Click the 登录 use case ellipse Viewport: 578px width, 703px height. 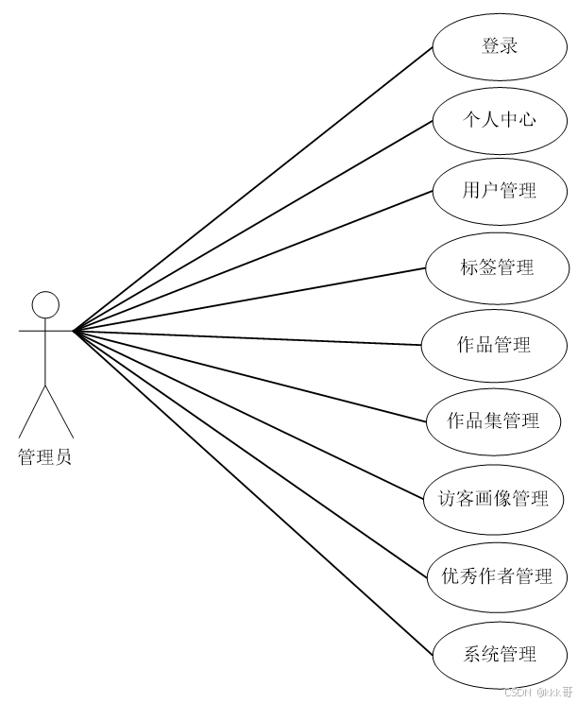(500, 45)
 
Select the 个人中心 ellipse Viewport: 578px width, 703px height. (500, 119)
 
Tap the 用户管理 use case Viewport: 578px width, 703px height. (500, 191)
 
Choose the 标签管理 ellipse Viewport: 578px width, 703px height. (497, 267)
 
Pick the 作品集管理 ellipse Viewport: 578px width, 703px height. (493, 420)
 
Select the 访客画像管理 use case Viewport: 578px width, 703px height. (494, 497)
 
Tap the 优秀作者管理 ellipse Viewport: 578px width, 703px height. (497, 575)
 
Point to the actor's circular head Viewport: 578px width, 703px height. (45, 304)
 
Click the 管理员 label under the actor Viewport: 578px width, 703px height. (44, 457)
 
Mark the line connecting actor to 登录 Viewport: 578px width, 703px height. (253, 188)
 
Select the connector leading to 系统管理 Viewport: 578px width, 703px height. (253, 492)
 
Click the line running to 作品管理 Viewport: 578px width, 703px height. (247, 337)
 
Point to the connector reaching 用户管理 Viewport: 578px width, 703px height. (253, 260)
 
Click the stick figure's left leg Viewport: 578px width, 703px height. (32, 410)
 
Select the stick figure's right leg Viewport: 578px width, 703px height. (59, 410)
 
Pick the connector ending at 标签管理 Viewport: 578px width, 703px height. (249, 299)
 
